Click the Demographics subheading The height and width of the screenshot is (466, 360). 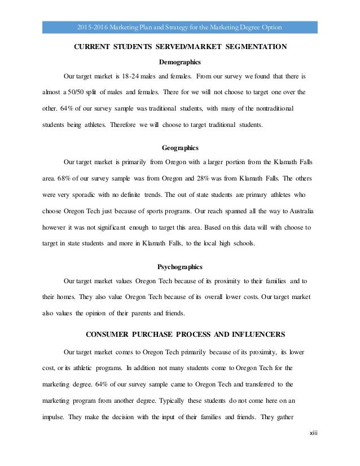[181, 62]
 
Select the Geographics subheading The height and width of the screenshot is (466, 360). [180, 148]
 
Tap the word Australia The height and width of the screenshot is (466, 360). [297, 211]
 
